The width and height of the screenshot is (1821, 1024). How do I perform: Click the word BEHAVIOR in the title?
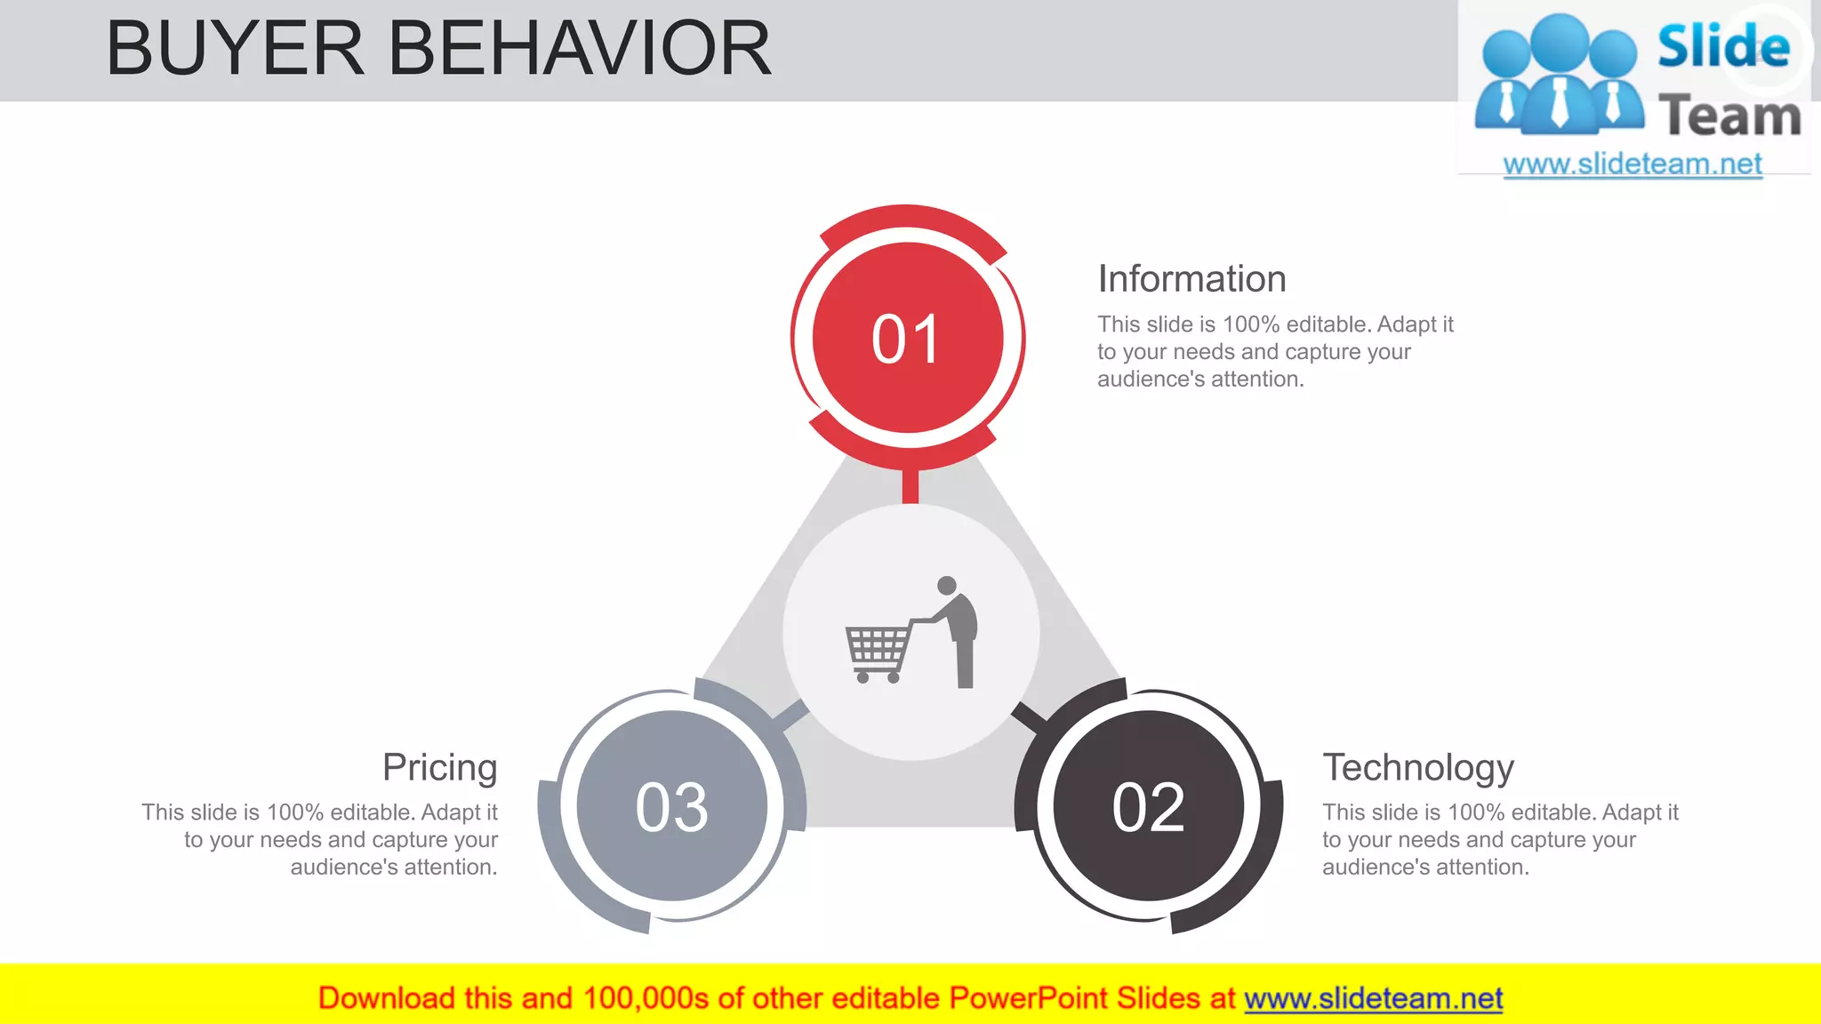click(x=580, y=49)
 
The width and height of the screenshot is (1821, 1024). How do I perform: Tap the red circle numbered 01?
click(x=907, y=339)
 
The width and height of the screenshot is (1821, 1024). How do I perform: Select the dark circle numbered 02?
click(x=1148, y=807)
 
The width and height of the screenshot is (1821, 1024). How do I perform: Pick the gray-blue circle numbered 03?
click(x=672, y=807)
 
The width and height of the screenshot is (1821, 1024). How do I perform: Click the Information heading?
click(x=1191, y=279)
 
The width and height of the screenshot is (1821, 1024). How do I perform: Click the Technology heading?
click(x=1417, y=767)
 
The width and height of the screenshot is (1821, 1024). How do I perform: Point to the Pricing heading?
click(x=440, y=767)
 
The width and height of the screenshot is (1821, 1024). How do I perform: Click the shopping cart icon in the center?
click(x=878, y=651)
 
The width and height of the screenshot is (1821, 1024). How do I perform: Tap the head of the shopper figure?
click(x=947, y=586)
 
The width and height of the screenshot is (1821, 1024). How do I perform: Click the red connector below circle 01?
click(x=910, y=486)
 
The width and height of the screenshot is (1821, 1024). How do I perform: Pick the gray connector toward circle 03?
click(x=790, y=715)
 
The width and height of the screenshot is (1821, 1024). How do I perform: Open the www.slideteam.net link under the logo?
click(x=1632, y=164)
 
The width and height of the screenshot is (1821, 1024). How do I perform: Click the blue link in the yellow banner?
click(x=1373, y=999)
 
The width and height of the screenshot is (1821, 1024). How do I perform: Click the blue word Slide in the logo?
click(x=1723, y=47)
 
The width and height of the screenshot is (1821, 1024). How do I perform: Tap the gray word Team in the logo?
click(x=1729, y=116)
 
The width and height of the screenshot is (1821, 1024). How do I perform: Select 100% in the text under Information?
click(x=1252, y=324)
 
